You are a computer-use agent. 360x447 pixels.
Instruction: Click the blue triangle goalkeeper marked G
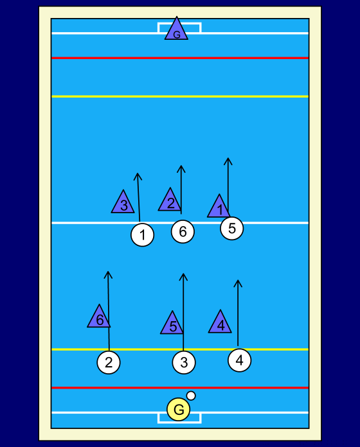coord(176,31)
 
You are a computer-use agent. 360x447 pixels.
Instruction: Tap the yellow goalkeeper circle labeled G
coord(179,409)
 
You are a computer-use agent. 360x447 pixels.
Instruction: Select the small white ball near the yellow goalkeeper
coord(191,396)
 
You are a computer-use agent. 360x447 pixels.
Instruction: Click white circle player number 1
coord(142,235)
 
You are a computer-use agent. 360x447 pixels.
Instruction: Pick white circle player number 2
coord(109,362)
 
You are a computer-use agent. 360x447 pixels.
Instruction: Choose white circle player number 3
coord(184,362)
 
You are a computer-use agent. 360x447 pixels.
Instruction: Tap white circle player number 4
coord(240,360)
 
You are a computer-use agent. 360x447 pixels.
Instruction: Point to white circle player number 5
coord(232,229)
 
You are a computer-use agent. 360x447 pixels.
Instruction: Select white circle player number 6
coord(183,231)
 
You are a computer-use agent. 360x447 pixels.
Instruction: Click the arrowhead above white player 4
coord(238,281)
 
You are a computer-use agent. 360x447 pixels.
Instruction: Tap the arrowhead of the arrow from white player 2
coord(108,272)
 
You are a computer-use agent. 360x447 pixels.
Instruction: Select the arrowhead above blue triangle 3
coord(138,173)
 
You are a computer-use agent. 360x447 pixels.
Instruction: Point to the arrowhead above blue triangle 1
coord(228,158)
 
